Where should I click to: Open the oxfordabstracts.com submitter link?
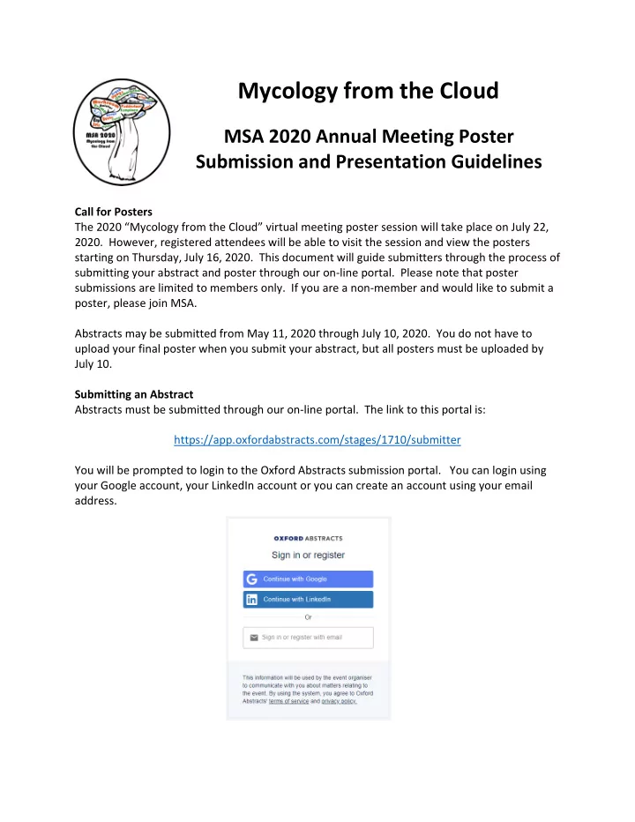coord(318,438)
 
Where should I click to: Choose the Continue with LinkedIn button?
coord(308,600)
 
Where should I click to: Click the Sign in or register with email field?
coord(308,637)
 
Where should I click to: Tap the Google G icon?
coord(252,579)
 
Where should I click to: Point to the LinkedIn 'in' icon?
coord(252,600)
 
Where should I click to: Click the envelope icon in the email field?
coord(254,637)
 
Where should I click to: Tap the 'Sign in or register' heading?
coord(308,555)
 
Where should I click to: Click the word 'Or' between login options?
coord(308,617)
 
